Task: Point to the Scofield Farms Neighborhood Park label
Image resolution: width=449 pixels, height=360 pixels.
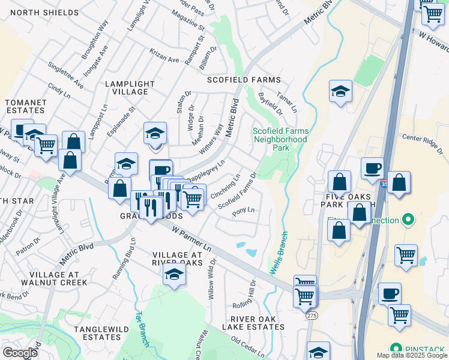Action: (280, 139)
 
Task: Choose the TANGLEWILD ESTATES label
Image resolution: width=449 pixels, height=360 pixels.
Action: (98, 333)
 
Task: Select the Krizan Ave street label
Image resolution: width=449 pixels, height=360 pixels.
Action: (164, 60)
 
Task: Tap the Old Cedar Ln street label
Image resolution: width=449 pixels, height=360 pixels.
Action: (247, 347)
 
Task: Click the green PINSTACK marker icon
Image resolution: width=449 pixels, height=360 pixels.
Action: (396, 348)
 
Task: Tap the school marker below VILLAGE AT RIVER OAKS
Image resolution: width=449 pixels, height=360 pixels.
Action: (174, 274)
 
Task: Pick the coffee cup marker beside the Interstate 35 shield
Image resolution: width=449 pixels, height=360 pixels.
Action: (372, 168)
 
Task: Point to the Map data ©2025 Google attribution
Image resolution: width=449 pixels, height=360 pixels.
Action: (411, 355)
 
